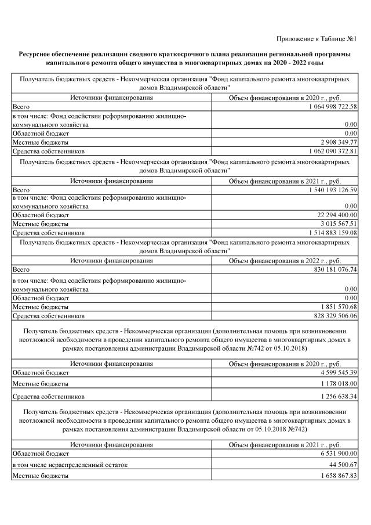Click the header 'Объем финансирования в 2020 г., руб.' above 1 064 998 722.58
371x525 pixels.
tap(286, 98)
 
